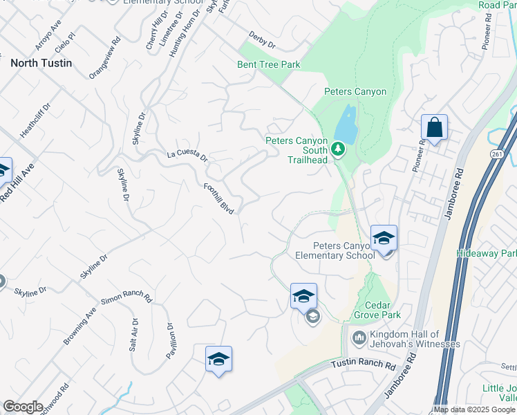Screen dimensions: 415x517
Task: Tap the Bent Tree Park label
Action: tap(269, 64)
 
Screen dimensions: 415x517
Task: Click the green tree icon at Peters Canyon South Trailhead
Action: tap(338, 149)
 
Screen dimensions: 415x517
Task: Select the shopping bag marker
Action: tap(434, 128)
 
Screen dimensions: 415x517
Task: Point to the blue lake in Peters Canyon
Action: tap(346, 125)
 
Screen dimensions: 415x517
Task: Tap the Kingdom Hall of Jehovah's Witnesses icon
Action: tap(359, 338)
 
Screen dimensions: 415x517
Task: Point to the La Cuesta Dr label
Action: tap(187, 155)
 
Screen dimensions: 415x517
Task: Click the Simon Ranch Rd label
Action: tap(126, 298)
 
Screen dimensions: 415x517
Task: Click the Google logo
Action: tap(23, 407)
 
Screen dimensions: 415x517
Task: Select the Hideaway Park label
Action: tap(486, 254)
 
